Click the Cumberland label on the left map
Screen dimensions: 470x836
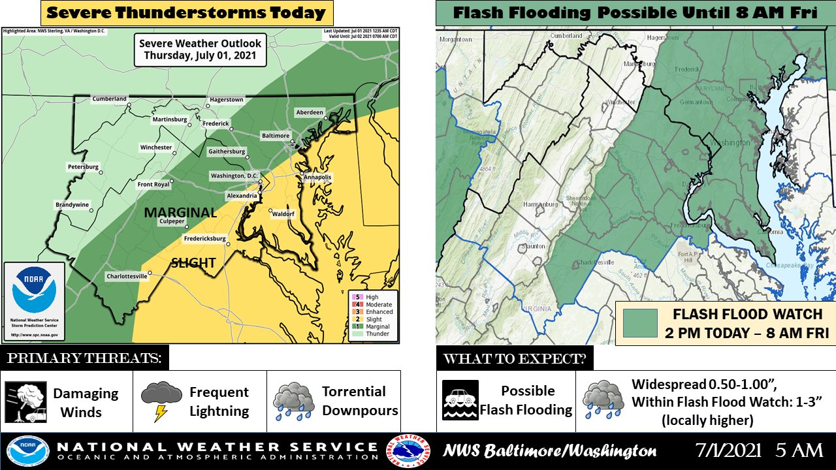point(109,99)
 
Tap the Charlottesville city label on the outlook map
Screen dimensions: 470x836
point(127,277)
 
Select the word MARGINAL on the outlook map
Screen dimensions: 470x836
point(180,213)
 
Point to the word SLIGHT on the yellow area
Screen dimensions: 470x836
point(193,263)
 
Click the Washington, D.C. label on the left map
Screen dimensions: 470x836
point(234,176)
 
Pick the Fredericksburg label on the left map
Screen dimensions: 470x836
point(204,239)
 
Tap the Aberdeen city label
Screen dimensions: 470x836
point(309,112)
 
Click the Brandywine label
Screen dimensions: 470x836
point(72,204)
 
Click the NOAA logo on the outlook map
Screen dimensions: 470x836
point(34,290)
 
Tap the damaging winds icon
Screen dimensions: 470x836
point(25,402)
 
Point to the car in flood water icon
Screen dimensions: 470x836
point(460,399)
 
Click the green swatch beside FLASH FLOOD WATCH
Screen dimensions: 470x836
point(639,324)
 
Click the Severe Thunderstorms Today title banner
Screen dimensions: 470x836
point(187,12)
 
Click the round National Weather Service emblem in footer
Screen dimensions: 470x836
point(409,451)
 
